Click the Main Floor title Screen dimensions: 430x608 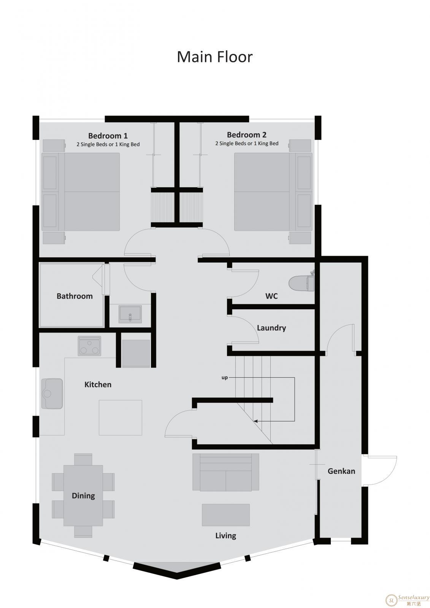point(214,57)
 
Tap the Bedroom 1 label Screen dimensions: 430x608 point(108,136)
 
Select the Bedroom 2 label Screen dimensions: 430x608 point(247,135)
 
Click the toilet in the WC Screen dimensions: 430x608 point(301,282)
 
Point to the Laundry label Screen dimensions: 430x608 point(271,328)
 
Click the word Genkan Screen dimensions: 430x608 point(341,471)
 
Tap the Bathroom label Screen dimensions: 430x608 point(75,296)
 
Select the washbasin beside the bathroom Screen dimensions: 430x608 point(130,314)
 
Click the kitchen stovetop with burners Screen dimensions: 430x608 point(89,346)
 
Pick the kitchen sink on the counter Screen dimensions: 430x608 point(52,394)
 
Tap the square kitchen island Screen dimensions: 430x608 point(121,418)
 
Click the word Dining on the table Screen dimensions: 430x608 point(83,496)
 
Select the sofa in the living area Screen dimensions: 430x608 point(226,472)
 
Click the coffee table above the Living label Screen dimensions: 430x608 point(226,515)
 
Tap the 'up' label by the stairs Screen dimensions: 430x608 point(225,378)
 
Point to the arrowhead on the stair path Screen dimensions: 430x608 point(255,421)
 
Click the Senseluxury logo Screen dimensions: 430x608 point(408,598)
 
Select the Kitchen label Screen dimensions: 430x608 point(98,385)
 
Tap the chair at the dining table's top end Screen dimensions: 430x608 point(83,459)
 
